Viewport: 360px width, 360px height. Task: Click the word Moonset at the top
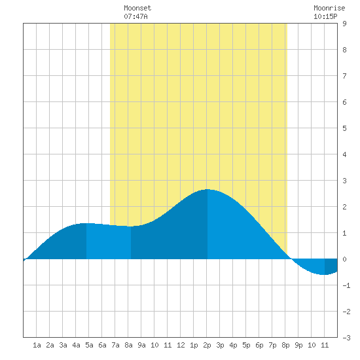tap(137, 8)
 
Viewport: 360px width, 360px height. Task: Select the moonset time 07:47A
tap(135, 16)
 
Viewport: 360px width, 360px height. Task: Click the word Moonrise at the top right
tap(329, 8)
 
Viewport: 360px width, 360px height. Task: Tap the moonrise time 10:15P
tap(325, 16)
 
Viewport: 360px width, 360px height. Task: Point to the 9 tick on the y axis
tap(344, 24)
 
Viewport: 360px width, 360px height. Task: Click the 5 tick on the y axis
tap(344, 128)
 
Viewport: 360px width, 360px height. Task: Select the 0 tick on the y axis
tap(344, 259)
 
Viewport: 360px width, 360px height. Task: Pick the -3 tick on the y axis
tap(346, 338)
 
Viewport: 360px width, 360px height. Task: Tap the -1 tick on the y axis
tap(346, 285)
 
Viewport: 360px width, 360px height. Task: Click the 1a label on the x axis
tap(37, 345)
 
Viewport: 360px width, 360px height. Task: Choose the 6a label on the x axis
tap(102, 345)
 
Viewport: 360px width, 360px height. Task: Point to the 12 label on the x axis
tap(181, 345)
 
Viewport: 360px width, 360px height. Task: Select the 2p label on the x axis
tap(207, 345)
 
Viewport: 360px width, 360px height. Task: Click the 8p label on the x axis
tap(285, 345)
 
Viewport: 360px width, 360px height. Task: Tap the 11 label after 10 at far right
tap(325, 345)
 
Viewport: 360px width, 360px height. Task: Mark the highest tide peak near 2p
tap(207, 189)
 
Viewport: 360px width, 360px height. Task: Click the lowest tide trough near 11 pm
tap(324, 274)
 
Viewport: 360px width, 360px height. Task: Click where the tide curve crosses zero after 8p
tap(291, 259)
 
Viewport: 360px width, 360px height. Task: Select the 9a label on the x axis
tap(141, 345)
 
